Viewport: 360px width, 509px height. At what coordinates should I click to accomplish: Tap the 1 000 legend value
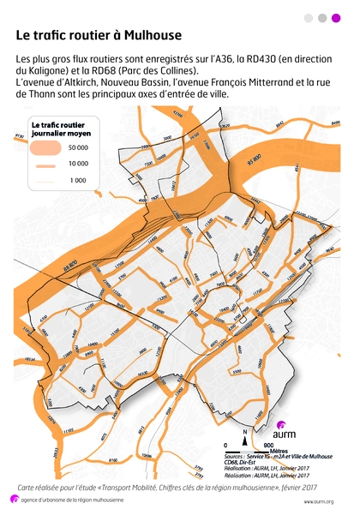[79, 181]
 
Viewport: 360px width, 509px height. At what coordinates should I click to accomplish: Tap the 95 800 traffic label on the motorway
[255, 160]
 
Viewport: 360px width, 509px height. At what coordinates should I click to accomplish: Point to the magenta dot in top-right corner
[335, 17]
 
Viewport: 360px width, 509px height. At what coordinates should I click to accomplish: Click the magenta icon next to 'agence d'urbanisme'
[12, 500]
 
